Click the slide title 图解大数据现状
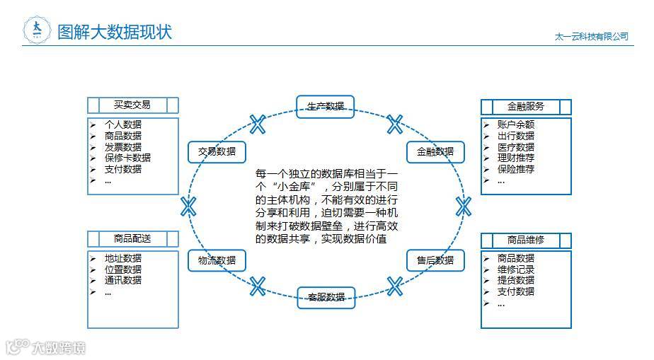tap(115, 31)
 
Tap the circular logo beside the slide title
tap(37, 30)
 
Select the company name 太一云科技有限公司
tap(592, 36)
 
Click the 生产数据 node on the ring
tap(326, 106)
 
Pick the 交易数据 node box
tap(217, 151)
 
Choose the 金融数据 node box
tap(435, 151)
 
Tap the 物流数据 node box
tap(217, 260)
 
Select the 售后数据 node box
tap(435, 260)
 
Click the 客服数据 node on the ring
tap(326, 297)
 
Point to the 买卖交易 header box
tap(132, 105)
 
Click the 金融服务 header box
tap(526, 107)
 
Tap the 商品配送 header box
tap(132, 239)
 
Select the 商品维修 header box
tap(526, 240)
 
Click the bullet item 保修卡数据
tap(127, 158)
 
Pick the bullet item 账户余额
tap(515, 124)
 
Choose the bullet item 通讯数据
tap(122, 280)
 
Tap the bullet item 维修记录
tap(515, 269)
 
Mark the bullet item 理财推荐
tap(515, 158)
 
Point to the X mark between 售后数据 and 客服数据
tap(395, 286)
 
